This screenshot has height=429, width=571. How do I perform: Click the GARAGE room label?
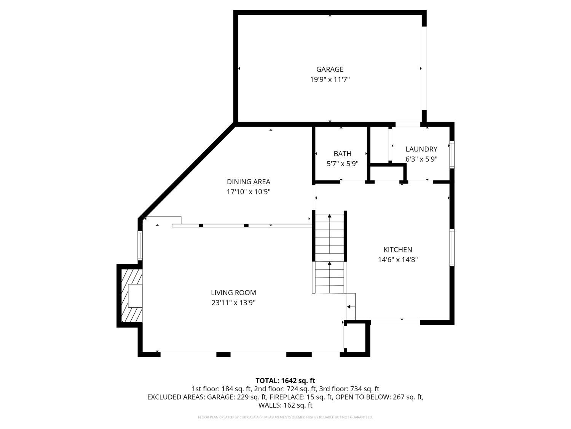point(330,69)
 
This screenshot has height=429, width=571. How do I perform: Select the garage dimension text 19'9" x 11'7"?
point(330,79)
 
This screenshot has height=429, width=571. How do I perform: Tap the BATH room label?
point(342,154)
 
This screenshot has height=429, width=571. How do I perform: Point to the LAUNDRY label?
point(421,149)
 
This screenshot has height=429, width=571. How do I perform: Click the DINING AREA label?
point(249,182)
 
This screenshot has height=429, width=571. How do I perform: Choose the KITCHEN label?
point(398,249)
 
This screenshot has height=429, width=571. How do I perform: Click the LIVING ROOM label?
point(233,293)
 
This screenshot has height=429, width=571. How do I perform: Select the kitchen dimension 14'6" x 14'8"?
point(398,260)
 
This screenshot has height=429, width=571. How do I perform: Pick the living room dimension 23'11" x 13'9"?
point(233,303)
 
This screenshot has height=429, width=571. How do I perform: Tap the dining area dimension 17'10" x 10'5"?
point(249,192)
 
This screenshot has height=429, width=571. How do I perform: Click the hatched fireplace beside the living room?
point(132,296)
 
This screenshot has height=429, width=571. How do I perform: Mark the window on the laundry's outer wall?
point(452,155)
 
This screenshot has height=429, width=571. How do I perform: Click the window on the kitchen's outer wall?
point(452,248)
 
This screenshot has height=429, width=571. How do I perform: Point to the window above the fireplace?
point(140,245)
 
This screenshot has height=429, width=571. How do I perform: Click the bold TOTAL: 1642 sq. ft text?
point(285,381)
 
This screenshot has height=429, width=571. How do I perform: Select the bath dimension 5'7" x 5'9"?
point(342,164)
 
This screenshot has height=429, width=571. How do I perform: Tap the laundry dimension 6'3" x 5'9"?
point(421,159)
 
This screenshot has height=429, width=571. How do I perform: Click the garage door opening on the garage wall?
point(424,68)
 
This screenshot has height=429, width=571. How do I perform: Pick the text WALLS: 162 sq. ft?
point(285,405)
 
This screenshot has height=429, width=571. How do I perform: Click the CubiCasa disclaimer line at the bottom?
point(285,417)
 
